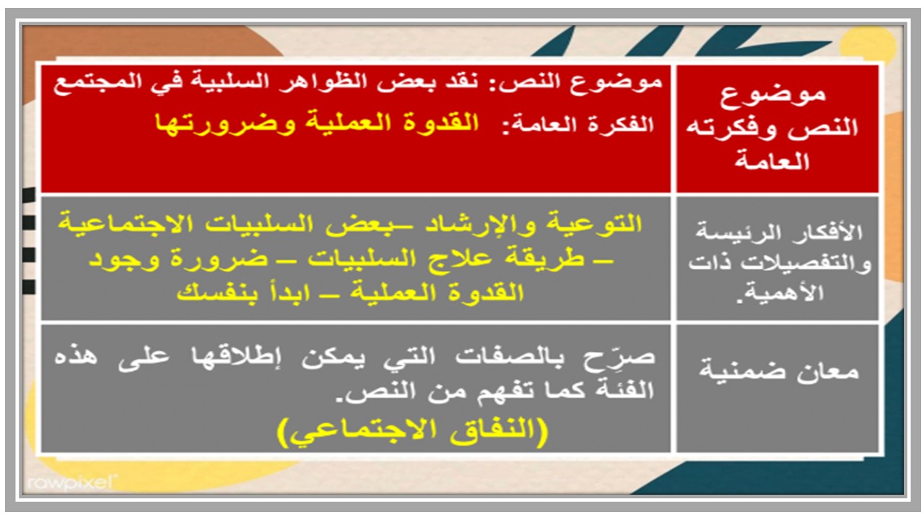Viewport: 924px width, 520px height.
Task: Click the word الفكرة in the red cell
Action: click(x=623, y=123)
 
